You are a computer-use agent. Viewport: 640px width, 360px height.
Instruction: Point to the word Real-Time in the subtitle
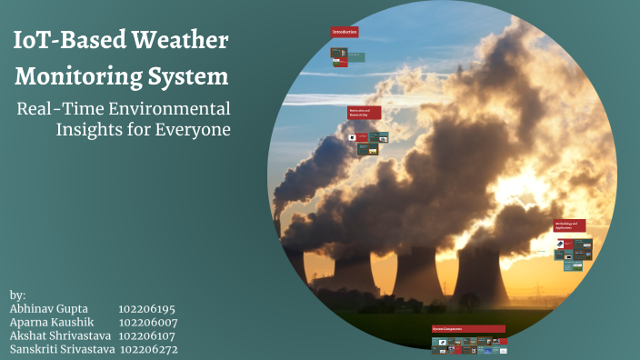pyautogui.click(x=58, y=108)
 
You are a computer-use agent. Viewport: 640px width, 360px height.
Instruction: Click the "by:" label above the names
pyautogui.click(x=17, y=295)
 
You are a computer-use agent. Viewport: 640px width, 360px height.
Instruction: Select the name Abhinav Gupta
pyautogui.click(x=48, y=309)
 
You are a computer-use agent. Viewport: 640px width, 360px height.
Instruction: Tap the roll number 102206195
pyautogui.click(x=146, y=309)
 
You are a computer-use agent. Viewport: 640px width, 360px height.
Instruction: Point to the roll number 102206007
pyautogui.click(x=148, y=322)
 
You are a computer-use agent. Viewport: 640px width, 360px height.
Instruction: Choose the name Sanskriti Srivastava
pyautogui.click(x=62, y=348)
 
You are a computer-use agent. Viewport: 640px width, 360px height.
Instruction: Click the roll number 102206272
pyautogui.click(x=149, y=348)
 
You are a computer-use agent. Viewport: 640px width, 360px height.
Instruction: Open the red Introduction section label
pyautogui.click(x=345, y=32)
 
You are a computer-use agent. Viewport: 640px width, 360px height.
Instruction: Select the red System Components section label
pyautogui.click(x=468, y=328)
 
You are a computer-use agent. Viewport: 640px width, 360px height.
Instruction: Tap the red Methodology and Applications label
pyautogui.click(x=570, y=225)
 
